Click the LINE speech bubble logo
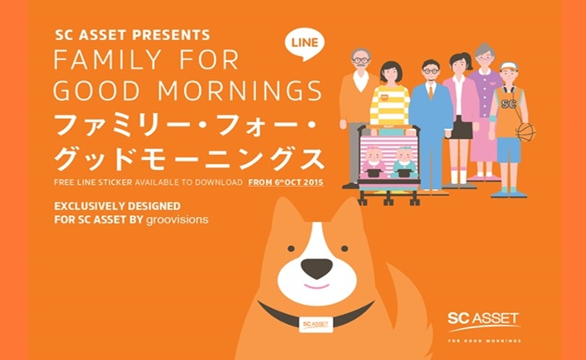coord(305,44)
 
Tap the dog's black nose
coord(316,268)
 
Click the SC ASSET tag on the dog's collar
coord(316,325)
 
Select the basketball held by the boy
coord(526,132)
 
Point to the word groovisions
coord(177,219)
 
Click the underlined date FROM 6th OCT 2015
coord(286,183)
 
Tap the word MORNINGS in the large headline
coord(239,90)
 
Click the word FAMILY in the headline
coord(108,59)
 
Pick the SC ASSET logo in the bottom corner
coord(484,321)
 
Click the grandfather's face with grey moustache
coord(361,63)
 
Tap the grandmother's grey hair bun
coord(485,49)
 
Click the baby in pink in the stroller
coord(373,161)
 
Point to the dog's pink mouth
coord(316,286)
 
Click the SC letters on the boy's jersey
coord(508,105)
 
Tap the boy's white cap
coord(508,66)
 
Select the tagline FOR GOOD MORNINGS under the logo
coord(485,341)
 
